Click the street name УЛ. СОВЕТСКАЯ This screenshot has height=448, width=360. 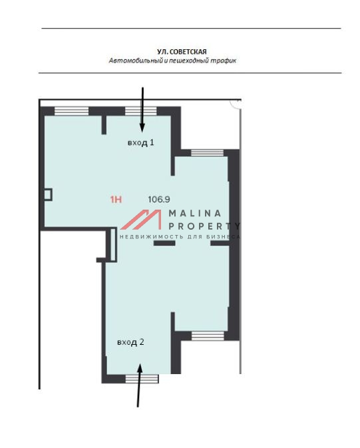coord(182,52)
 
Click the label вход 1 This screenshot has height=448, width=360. coord(140,142)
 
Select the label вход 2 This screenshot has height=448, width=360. coord(130,342)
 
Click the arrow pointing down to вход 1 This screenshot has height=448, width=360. coord(142,110)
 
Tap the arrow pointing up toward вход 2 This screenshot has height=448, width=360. coord(139,385)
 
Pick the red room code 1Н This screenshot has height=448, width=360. coord(116,199)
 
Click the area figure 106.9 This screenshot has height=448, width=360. coord(159,199)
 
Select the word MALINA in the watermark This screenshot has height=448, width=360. coord(195,213)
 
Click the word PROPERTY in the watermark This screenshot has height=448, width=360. coord(204,226)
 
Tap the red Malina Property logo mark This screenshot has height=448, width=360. coord(141,220)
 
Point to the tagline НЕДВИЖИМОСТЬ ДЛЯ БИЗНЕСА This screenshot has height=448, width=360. coord(180,237)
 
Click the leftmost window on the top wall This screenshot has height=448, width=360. coord(71,111)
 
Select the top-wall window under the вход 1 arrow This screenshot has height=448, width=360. coord(141,111)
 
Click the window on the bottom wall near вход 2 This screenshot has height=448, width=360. coord(142,379)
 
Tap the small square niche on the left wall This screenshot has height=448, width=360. coord(48,194)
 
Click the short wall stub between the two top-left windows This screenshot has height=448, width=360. coord(104,124)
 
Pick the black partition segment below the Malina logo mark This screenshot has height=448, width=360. coord(164,243)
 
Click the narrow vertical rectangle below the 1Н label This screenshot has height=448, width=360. coord(113,244)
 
